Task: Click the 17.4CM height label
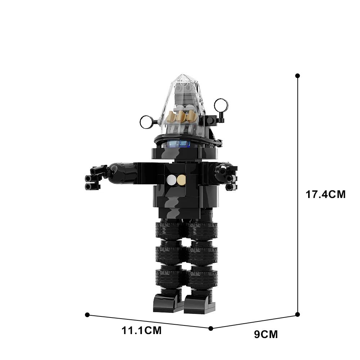pos(325,194)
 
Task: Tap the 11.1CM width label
pos(141,331)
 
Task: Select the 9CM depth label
pos(266,334)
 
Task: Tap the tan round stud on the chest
pos(181,180)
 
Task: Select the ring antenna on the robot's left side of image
pos(146,122)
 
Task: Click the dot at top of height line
pos(297,76)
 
